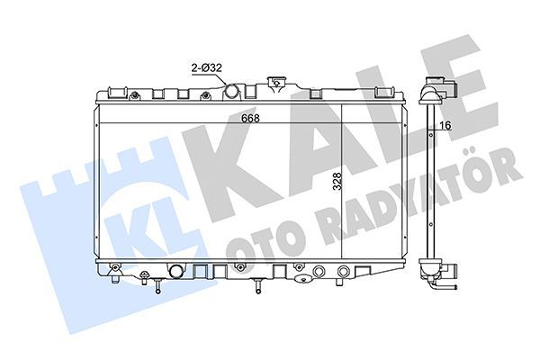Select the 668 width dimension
point(236,118)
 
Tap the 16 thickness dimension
point(445,127)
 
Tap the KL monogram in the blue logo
point(135,229)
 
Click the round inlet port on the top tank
point(231,92)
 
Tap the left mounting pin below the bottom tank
point(157,286)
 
